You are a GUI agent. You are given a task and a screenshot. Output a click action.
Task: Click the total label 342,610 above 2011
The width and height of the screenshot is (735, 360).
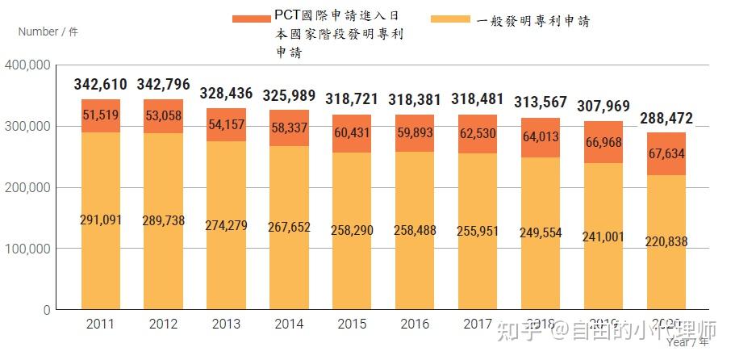click(100, 85)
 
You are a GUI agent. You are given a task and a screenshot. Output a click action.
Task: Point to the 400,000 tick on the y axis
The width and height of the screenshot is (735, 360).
click(28, 65)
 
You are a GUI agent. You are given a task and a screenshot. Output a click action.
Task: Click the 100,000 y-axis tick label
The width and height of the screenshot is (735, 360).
click(28, 249)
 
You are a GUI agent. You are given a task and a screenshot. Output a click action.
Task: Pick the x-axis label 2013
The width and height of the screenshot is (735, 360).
click(226, 325)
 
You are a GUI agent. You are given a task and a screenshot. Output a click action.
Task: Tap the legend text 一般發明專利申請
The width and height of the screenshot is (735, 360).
click(533, 20)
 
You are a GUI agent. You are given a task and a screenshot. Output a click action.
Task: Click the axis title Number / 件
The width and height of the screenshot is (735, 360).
click(48, 32)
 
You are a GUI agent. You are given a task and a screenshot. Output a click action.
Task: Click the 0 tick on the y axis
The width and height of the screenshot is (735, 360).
click(47, 310)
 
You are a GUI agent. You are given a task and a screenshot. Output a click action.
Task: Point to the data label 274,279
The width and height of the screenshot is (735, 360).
click(226, 224)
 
